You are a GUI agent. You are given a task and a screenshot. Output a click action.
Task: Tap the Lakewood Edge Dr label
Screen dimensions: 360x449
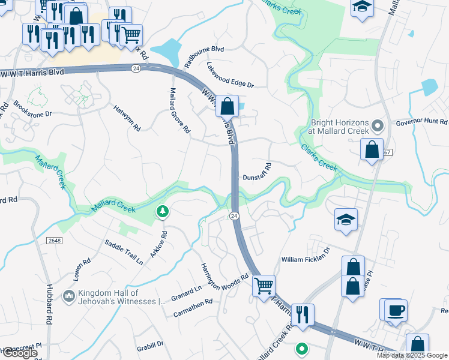point(230,76)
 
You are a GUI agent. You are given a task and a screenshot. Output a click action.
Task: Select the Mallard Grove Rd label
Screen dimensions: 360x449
point(179,111)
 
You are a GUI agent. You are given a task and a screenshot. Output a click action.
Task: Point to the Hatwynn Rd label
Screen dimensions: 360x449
point(127,118)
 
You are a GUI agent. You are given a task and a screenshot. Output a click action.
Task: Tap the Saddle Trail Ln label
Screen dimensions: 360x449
point(124,253)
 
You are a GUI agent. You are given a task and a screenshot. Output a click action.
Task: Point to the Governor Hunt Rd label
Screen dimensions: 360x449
point(421,123)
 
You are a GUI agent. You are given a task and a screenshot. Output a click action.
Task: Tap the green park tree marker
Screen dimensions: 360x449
point(161,211)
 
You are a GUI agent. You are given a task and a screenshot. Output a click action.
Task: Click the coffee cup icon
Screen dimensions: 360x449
point(396,311)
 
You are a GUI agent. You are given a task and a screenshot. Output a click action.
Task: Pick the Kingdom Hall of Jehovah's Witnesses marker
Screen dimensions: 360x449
point(70,295)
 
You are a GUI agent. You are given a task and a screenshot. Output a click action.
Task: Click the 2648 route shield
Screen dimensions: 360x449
point(53,240)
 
